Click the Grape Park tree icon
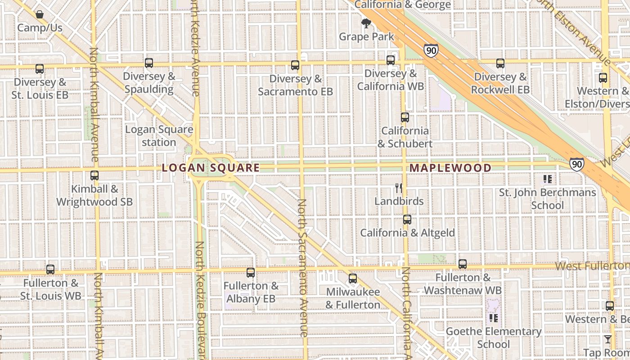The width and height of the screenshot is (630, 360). [x=366, y=23]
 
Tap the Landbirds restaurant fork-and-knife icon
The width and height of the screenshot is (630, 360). [x=398, y=188]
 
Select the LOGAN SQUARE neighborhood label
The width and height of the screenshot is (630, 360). [x=211, y=168]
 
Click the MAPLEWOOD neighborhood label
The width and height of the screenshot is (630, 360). [x=450, y=168]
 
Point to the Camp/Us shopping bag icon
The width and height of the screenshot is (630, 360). [x=40, y=14]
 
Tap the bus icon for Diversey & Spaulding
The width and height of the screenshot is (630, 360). [x=149, y=63]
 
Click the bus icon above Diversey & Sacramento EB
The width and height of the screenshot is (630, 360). [x=295, y=65]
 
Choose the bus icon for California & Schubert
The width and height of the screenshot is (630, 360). [x=405, y=117]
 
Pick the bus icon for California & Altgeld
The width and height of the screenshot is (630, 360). [x=407, y=220]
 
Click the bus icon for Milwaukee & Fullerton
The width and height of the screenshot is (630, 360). [x=353, y=279]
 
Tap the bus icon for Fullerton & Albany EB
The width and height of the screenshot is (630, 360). [x=251, y=272]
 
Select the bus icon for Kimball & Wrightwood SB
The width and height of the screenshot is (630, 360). [x=94, y=175]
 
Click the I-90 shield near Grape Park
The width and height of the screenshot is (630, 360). [x=431, y=50]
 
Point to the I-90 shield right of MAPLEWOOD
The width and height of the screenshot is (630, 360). [x=576, y=164]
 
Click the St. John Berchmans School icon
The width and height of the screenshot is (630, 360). [x=548, y=179]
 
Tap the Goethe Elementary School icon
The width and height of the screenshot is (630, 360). [x=494, y=318]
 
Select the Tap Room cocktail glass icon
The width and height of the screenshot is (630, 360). [x=608, y=339]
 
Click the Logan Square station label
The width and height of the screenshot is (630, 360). [x=159, y=136]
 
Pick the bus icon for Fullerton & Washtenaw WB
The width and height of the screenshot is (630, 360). [x=463, y=264]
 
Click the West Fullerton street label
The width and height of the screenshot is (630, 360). [x=592, y=265]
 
